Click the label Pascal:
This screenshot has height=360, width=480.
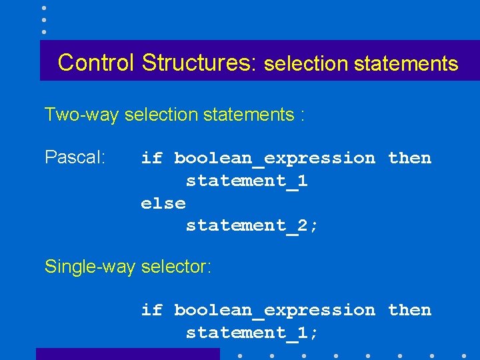75,157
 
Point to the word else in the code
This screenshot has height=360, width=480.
163,203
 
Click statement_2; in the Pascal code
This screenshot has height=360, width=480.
252,225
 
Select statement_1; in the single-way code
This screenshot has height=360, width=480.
252,332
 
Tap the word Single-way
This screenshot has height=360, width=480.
89,267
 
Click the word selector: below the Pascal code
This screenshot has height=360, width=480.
175,267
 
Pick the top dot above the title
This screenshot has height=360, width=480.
43,8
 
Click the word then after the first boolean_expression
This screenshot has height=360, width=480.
409,158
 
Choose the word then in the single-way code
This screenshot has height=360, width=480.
409,310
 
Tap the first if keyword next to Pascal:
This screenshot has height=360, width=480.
151,158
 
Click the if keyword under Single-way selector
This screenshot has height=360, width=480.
151,310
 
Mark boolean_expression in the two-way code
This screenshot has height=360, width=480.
274,159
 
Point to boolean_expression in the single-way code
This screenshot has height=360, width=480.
274,311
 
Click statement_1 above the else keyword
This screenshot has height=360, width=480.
247,181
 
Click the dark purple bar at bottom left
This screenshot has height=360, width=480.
127,354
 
